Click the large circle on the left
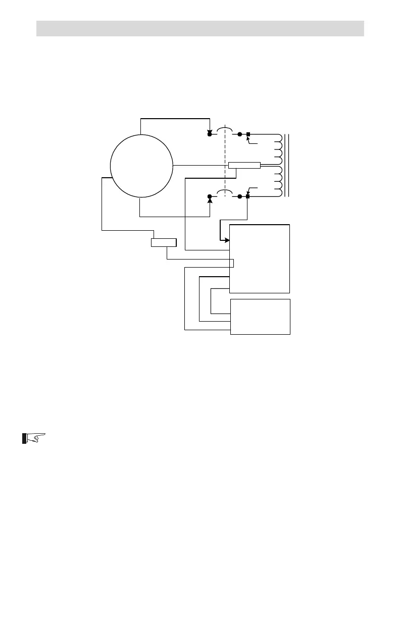(141, 166)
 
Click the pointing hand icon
(34, 437)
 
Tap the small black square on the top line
(248, 134)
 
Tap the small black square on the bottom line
(248, 196)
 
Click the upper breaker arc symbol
(225, 131)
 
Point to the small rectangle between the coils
(244, 165)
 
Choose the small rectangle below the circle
(164, 243)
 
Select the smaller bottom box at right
(260, 317)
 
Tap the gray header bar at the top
(200, 28)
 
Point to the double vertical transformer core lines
(287, 165)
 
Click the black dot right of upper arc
(239, 134)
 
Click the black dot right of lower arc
(239, 196)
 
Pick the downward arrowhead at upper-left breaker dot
(210, 131)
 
